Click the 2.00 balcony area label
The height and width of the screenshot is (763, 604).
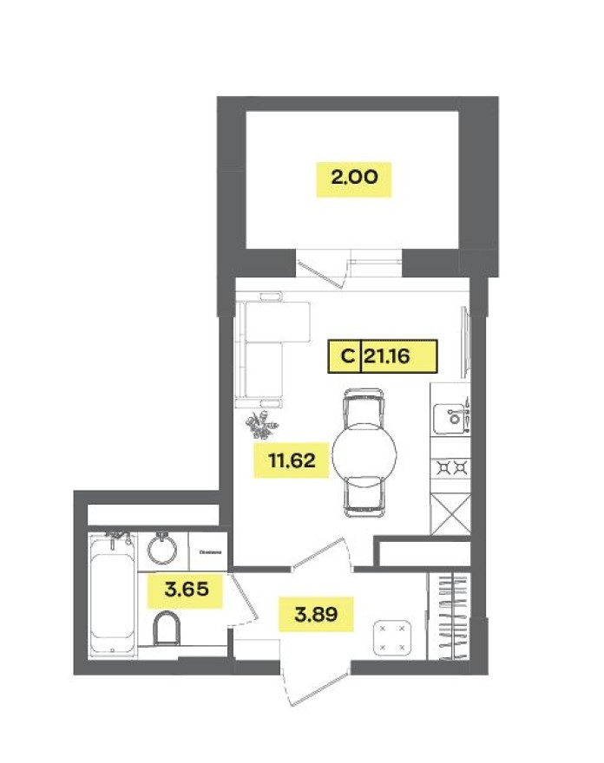353,179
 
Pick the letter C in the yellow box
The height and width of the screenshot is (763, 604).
345,355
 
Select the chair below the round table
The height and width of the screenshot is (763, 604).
364,497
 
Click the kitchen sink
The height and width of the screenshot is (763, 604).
452,417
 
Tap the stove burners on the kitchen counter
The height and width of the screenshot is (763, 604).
450,469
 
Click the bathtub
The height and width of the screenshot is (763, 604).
114,596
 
